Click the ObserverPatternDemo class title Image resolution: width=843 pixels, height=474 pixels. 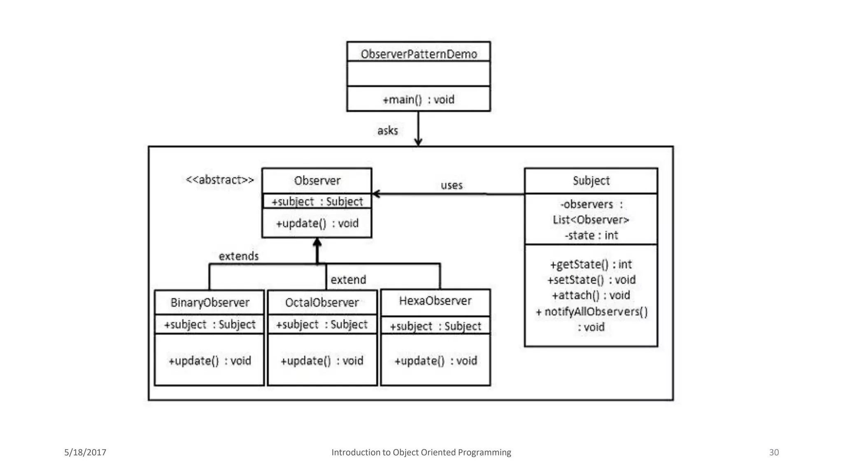(419, 54)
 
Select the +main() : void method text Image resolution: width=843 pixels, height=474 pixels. (419, 100)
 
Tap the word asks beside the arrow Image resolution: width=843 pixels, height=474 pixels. (387, 131)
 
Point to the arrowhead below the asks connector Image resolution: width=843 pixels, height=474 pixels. (418, 142)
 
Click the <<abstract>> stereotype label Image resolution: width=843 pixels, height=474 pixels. (219, 180)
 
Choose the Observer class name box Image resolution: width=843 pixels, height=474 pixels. (317, 181)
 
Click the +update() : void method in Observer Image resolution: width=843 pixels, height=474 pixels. (317, 223)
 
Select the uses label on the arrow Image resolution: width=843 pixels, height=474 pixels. (452, 185)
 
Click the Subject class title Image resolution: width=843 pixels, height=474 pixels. (591, 181)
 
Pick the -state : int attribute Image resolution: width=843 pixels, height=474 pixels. (591, 235)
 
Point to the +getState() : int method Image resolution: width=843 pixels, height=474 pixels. (591, 264)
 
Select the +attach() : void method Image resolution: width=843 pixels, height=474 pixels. (591, 295)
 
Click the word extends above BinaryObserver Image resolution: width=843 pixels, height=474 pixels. (239, 256)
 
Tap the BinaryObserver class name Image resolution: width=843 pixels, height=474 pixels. (210, 303)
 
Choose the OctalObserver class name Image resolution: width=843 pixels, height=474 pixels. (322, 303)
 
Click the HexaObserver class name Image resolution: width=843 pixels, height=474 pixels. (435, 301)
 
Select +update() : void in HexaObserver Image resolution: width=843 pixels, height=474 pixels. (435, 361)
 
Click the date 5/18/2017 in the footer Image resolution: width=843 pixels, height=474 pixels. (85, 452)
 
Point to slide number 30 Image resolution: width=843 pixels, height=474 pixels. (774, 452)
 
